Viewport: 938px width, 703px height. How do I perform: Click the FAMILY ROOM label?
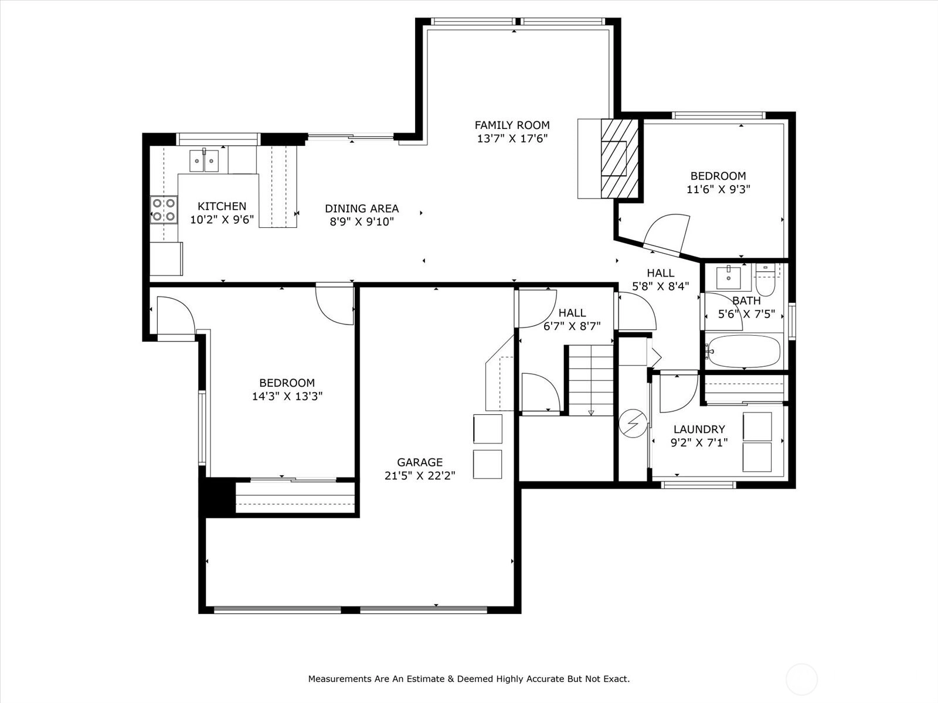click(512, 125)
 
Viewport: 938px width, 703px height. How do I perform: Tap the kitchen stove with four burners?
click(164, 210)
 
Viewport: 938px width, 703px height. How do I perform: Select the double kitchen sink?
click(204, 161)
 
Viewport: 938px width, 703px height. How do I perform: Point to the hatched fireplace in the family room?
click(620, 158)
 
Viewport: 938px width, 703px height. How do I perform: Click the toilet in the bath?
click(765, 280)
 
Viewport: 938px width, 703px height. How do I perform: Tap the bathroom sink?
click(728, 277)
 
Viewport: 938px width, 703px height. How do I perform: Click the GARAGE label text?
click(420, 462)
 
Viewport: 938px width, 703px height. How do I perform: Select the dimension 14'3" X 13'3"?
click(287, 397)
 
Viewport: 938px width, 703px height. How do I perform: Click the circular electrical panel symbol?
click(633, 424)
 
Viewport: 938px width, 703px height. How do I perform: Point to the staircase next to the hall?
click(591, 380)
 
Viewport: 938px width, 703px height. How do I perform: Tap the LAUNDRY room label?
click(699, 429)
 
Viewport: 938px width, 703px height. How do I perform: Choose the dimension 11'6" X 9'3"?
click(718, 189)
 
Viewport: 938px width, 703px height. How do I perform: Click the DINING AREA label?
click(362, 209)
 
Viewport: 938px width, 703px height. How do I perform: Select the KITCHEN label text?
click(222, 206)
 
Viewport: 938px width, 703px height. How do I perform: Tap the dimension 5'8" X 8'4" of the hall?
click(661, 286)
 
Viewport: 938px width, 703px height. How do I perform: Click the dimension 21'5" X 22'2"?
click(420, 476)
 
